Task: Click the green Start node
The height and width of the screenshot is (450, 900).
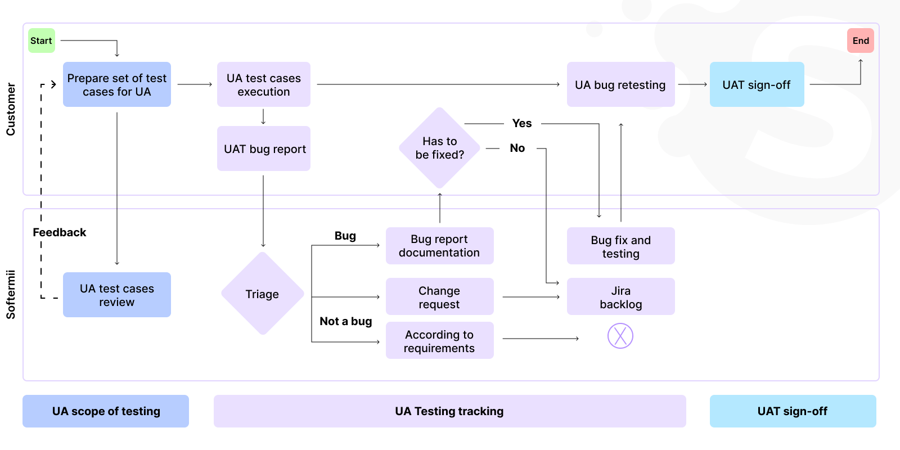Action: pos(42,40)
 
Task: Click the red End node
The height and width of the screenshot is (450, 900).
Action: pos(860,40)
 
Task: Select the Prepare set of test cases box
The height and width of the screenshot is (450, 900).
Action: pos(117,84)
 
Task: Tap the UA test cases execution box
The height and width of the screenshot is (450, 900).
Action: pos(263,84)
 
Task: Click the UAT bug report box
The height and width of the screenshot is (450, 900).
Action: pos(263,148)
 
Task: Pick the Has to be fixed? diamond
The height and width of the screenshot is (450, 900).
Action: pos(439,148)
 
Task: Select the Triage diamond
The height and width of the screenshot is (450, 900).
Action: pos(262,294)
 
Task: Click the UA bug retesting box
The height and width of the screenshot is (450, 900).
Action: pos(620,84)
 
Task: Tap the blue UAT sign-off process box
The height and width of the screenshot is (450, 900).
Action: pos(757,84)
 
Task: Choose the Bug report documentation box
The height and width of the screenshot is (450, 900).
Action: pos(439,246)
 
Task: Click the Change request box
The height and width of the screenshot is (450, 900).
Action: pos(439,297)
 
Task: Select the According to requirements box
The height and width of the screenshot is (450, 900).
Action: pos(439,341)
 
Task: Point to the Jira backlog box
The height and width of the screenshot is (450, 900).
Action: pos(620,297)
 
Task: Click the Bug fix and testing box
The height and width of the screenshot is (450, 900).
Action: pos(620,246)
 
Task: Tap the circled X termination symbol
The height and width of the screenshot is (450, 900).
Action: pos(620,336)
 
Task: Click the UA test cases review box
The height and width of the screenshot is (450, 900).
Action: pos(117,295)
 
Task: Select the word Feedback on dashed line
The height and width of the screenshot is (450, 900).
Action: pos(60,232)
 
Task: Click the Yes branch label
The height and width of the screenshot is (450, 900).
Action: pos(521,123)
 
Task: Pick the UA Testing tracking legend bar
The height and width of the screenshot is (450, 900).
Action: pos(449,411)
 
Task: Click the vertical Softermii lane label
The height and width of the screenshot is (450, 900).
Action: pos(11,295)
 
